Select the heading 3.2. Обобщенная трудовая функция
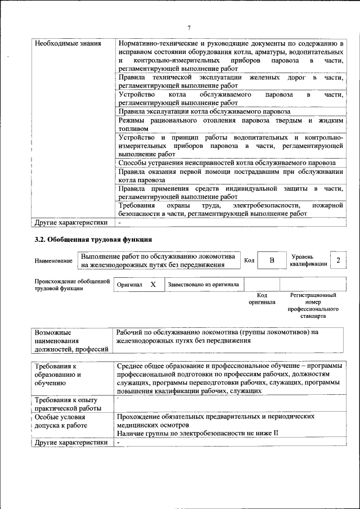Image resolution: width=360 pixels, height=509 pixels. (x=93, y=240)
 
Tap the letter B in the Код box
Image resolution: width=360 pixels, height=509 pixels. (x=272, y=260)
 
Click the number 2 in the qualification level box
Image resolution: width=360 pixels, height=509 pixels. (x=338, y=260)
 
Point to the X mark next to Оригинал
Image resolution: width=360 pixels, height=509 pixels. (x=152, y=285)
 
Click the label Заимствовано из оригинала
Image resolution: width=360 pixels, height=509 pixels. (x=204, y=285)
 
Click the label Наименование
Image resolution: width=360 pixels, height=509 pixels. (x=53, y=261)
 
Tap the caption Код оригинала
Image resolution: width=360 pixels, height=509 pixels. (x=262, y=299)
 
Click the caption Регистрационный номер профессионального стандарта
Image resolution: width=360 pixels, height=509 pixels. (x=313, y=305)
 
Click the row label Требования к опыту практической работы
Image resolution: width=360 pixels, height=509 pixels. (x=67, y=404)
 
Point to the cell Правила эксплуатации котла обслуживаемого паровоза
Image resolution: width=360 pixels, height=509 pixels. (x=204, y=112)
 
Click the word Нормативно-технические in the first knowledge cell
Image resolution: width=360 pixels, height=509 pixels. (x=157, y=43)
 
